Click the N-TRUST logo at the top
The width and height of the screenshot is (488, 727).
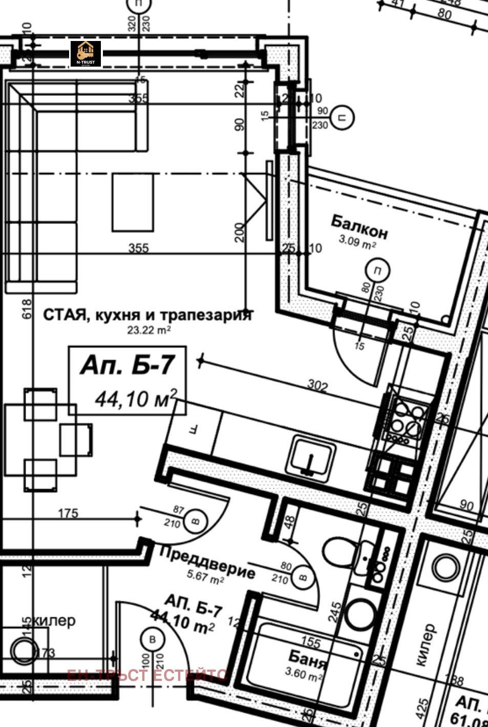pos(86,53)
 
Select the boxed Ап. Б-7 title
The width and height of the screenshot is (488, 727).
pos(128,366)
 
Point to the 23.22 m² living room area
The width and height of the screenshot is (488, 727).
pos(148,330)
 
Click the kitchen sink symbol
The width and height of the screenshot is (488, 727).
pos(312,458)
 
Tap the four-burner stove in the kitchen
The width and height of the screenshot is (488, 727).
pos(407,419)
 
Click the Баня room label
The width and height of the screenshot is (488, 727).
pos(307,659)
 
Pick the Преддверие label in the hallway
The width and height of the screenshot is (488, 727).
pos(207,562)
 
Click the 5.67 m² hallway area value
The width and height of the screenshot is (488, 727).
pos(205,576)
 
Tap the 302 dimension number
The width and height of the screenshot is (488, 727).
pos(317,385)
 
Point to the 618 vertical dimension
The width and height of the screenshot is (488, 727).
pos(27,309)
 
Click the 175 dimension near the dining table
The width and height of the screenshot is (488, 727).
pos(68,513)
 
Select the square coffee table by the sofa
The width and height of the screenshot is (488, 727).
pos(133,202)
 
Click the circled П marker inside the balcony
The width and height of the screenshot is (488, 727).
pos(377,271)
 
